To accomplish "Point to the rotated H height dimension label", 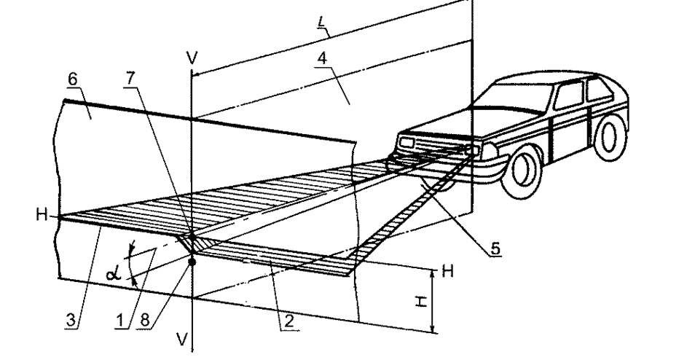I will (420, 300).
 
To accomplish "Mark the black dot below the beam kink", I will (192, 262).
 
